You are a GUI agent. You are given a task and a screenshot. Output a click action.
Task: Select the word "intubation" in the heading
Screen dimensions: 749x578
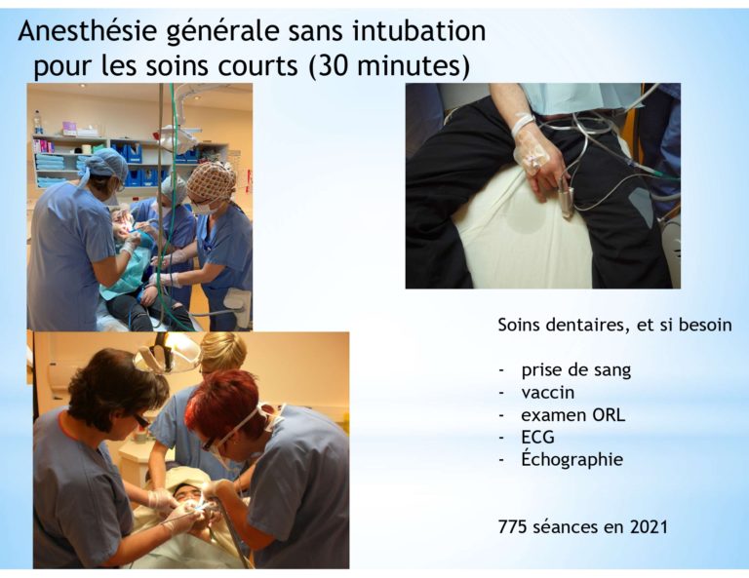pyautogui.click(x=419, y=30)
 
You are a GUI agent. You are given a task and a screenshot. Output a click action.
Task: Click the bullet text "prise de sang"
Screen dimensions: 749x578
pyautogui.click(x=576, y=370)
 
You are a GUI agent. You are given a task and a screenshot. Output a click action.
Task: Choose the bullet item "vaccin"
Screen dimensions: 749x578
pyautogui.click(x=548, y=393)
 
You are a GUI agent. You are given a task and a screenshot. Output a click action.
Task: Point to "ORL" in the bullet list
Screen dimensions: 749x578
pyautogui.click(x=609, y=415)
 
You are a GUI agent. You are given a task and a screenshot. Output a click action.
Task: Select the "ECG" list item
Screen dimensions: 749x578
pyautogui.click(x=538, y=438)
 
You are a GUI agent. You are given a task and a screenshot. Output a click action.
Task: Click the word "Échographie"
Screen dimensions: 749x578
pyautogui.click(x=572, y=459)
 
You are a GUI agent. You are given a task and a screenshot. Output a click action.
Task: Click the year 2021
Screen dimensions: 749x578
pyautogui.click(x=649, y=527)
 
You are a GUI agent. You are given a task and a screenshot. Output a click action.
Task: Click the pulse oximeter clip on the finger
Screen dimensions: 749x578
pyautogui.click(x=567, y=201)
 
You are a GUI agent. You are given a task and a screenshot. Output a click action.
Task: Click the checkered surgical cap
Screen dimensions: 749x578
pyautogui.click(x=212, y=181)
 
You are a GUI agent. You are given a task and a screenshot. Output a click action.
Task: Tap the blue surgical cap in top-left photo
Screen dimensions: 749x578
pyautogui.click(x=105, y=162)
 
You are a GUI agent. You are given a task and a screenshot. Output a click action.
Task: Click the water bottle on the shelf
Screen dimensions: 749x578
pyautogui.click(x=38, y=123)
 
